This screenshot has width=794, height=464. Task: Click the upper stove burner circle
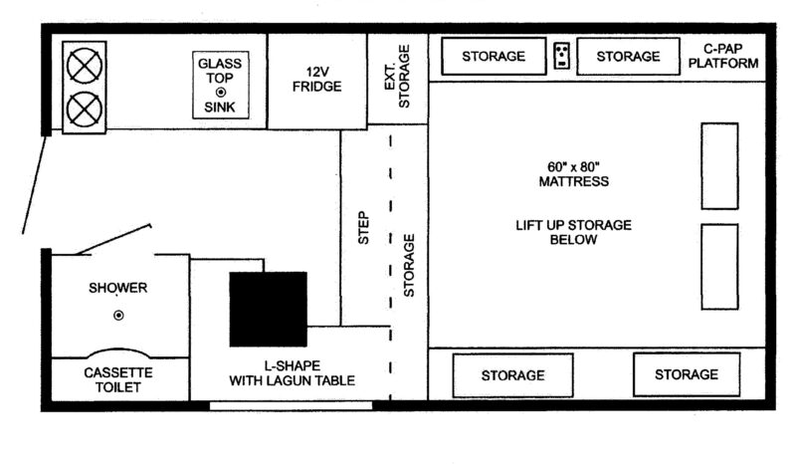(84, 66)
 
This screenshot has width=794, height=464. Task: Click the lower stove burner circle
(84, 110)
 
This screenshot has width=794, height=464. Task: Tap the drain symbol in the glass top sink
(220, 93)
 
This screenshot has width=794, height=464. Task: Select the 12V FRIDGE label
(317, 79)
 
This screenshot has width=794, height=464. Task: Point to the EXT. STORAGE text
(397, 77)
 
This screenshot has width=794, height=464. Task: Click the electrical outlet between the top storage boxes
(561, 55)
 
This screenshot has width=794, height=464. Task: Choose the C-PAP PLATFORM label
(723, 56)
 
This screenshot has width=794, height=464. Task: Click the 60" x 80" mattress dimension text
(573, 166)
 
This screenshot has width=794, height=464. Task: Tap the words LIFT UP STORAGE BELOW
(573, 232)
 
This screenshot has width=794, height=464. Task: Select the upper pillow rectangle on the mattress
(719, 166)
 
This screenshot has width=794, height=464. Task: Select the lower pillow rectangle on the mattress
(719, 267)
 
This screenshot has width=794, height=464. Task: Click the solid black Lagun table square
(268, 309)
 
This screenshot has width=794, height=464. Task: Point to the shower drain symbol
(118, 315)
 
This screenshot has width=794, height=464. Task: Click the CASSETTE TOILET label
(118, 380)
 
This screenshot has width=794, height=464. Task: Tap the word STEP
(363, 228)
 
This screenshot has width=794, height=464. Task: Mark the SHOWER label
(118, 288)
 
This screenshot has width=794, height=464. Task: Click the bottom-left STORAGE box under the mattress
(512, 375)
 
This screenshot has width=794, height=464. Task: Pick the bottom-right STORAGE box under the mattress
(687, 374)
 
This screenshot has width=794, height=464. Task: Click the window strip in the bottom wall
(292, 405)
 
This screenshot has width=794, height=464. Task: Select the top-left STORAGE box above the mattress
(494, 56)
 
